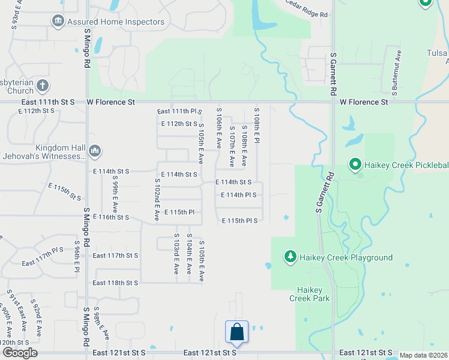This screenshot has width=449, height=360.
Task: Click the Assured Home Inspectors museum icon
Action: pos(58,22)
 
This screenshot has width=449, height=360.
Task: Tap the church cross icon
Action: pos(42,86)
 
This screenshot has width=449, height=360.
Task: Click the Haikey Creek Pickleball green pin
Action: pos(355,164)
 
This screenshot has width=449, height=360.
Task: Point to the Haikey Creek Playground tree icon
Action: pos(290,257)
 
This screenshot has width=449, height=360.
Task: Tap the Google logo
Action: pos(20,353)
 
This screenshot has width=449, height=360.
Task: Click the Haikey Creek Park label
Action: pos(309,294)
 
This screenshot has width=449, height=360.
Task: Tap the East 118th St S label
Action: pos(115,283)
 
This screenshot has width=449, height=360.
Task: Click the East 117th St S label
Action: pos(115,255)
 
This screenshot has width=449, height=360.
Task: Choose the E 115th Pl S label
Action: pos(240,221)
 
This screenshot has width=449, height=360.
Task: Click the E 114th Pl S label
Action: pos(239,195)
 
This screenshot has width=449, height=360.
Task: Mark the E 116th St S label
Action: pos(111,217)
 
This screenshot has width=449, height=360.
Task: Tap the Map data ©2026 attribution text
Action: pos(424,355)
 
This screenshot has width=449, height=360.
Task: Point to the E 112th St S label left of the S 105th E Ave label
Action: pos(179,124)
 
